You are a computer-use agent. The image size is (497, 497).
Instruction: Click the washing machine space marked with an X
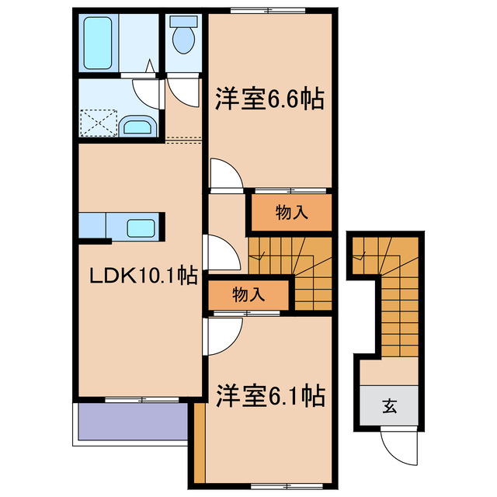[98, 122]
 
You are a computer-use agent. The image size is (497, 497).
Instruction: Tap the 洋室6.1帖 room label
[269, 397]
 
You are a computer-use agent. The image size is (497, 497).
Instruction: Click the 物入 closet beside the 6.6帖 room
[290, 213]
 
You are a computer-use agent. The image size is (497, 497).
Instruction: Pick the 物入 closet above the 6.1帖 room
[248, 294]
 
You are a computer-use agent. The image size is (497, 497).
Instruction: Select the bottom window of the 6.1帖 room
[288, 485]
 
